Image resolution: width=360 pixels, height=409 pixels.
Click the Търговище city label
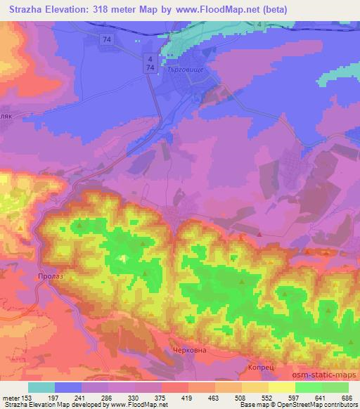(x=187, y=71)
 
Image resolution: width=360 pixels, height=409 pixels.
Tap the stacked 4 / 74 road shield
(x=149, y=63)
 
